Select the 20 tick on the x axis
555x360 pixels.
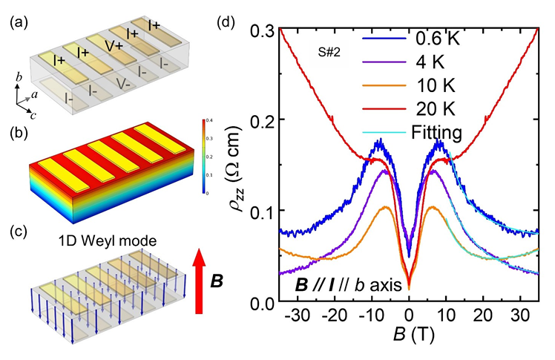click(x=483, y=315)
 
